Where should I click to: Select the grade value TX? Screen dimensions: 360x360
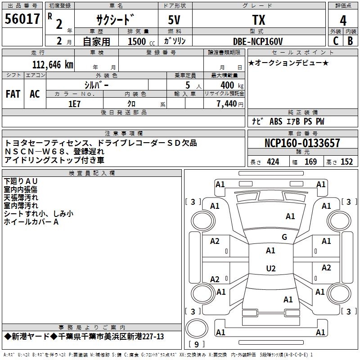(258, 20)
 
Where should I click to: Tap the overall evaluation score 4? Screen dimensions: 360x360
(343, 21)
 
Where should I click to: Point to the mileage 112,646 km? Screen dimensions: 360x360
(53, 64)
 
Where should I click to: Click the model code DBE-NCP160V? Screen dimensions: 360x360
(258, 41)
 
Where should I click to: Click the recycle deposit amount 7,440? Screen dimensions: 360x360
(229, 103)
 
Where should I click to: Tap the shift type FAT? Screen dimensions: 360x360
(13, 94)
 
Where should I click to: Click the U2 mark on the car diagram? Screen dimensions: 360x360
(270, 269)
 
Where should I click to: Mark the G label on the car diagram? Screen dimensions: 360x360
(284, 237)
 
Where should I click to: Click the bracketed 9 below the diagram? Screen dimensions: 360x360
(196, 345)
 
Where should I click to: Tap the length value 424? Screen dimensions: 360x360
(273, 162)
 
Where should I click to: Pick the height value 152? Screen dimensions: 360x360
(346, 162)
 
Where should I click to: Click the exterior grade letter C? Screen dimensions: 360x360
(335, 41)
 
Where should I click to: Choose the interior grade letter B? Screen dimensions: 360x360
(351, 41)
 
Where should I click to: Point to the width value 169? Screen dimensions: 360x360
(310, 162)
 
